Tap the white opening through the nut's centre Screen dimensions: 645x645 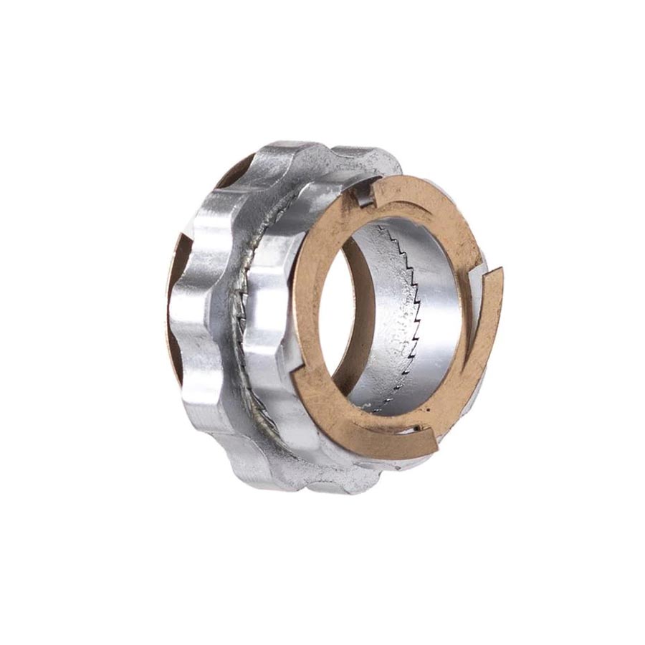pyautogui.click(x=337, y=308)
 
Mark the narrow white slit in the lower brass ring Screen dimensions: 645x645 pyautogui.click(x=412, y=430)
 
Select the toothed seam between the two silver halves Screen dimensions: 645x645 pyautogui.click(x=240, y=322)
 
